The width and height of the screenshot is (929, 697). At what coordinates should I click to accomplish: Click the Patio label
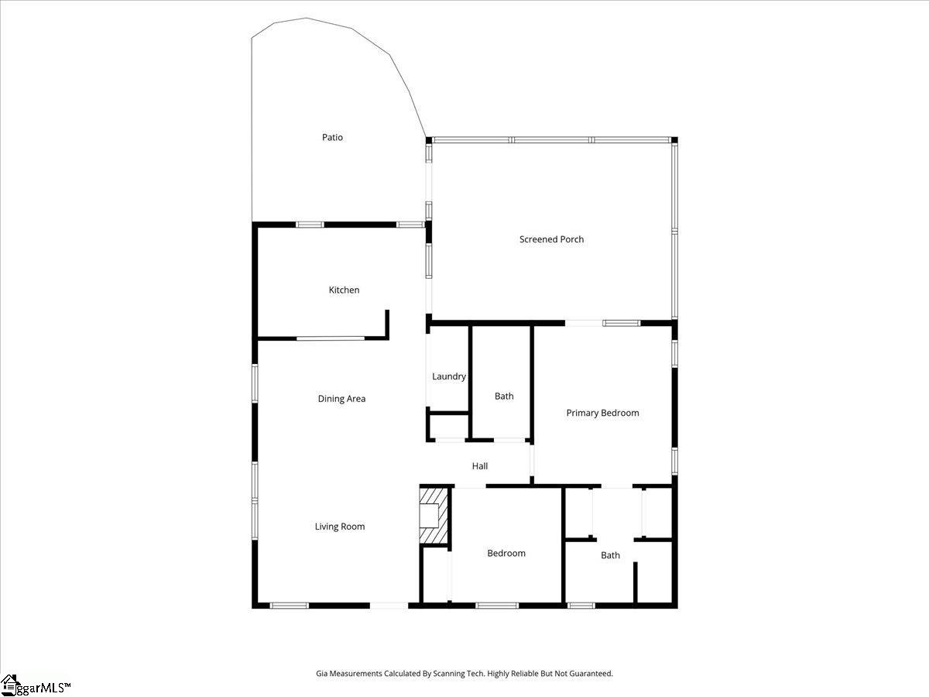click(x=332, y=137)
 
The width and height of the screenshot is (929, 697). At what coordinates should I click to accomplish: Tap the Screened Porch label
click(x=551, y=239)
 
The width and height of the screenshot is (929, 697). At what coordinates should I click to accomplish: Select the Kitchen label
click(x=344, y=290)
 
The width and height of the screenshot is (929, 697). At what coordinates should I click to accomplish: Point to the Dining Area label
click(x=341, y=399)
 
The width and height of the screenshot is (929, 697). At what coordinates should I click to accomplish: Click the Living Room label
click(x=339, y=527)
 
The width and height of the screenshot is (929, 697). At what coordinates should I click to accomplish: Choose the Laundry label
click(x=449, y=376)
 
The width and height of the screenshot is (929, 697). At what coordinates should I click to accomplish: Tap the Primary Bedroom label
click(x=602, y=413)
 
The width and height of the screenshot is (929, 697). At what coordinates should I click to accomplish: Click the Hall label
click(x=480, y=466)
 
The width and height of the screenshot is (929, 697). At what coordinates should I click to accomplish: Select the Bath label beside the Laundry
click(x=504, y=396)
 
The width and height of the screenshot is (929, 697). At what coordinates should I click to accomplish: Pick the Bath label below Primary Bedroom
click(x=610, y=555)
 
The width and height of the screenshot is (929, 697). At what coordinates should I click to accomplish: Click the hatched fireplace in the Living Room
click(x=434, y=516)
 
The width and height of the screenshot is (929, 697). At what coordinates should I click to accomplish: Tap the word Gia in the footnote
click(x=322, y=674)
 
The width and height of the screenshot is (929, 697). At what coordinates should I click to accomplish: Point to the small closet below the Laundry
click(x=448, y=427)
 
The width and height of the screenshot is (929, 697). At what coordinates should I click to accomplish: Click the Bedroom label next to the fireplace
click(x=506, y=553)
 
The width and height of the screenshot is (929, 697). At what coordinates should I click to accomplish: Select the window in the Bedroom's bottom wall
click(x=497, y=605)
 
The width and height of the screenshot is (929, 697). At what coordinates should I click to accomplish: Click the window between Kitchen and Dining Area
click(x=331, y=338)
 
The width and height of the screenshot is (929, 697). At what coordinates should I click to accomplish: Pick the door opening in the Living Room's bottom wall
click(x=389, y=605)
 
